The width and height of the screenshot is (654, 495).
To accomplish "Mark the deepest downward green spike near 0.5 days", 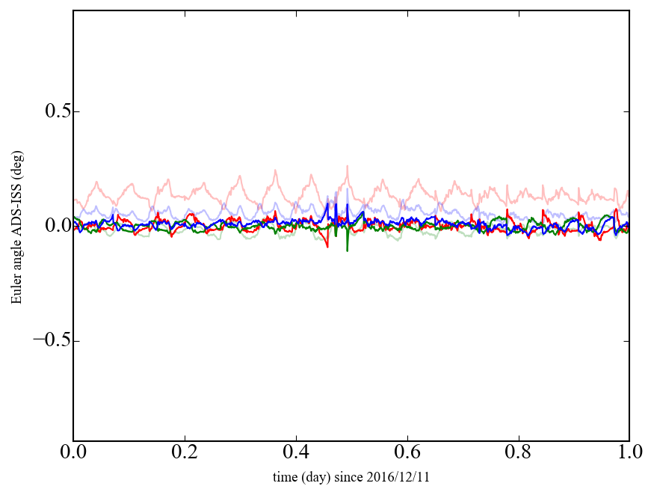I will pos(348,250).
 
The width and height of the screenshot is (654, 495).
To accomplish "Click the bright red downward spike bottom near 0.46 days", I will pos(327,247).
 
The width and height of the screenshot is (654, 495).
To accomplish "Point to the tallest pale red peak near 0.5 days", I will pos(347,166).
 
